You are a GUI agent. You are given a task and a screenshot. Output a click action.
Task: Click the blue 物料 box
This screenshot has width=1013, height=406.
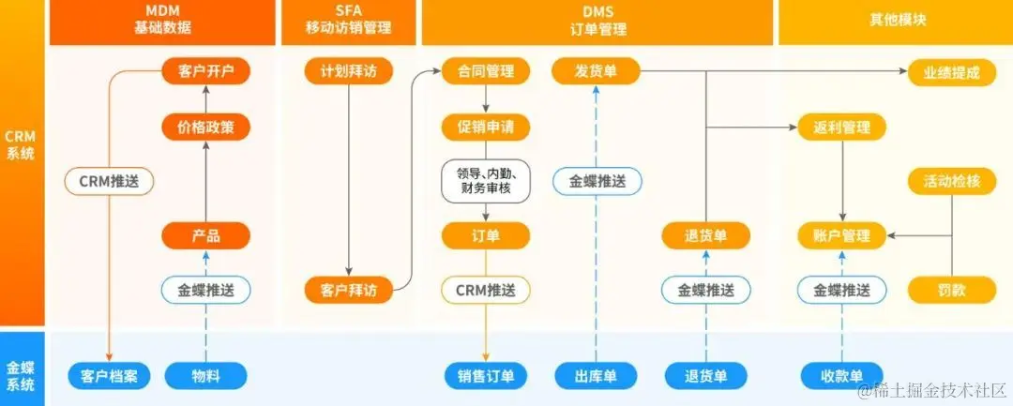(x=205, y=376)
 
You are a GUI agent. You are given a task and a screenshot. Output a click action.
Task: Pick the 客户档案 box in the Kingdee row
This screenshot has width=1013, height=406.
(x=110, y=376)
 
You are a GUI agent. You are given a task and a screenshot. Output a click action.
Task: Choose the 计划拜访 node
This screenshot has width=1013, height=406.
(x=348, y=71)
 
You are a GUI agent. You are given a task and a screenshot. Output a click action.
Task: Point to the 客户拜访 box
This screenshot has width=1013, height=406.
(x=348, y=290)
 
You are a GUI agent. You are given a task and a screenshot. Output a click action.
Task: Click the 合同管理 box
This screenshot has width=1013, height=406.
(x=485, y=71)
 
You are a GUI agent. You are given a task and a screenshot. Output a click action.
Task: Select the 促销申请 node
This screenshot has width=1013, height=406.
(x=485, y=126)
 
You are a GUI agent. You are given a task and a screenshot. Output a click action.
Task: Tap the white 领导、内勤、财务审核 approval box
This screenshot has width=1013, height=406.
(x=485, y=180)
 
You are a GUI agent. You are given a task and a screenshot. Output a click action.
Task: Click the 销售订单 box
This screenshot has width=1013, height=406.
(x=485, y=376)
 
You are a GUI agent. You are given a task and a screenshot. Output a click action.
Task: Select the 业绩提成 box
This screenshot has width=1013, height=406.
(x=951, y=71)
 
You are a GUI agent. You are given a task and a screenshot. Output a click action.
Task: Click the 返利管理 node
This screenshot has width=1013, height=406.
(x=841, y=126)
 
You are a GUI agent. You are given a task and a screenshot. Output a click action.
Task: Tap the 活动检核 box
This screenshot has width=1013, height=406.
(x=951, y=180)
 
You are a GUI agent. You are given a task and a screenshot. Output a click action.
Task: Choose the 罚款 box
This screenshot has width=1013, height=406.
(x=951, y=290)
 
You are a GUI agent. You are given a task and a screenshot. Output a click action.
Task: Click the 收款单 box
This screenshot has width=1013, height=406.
(x=841, y=376)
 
